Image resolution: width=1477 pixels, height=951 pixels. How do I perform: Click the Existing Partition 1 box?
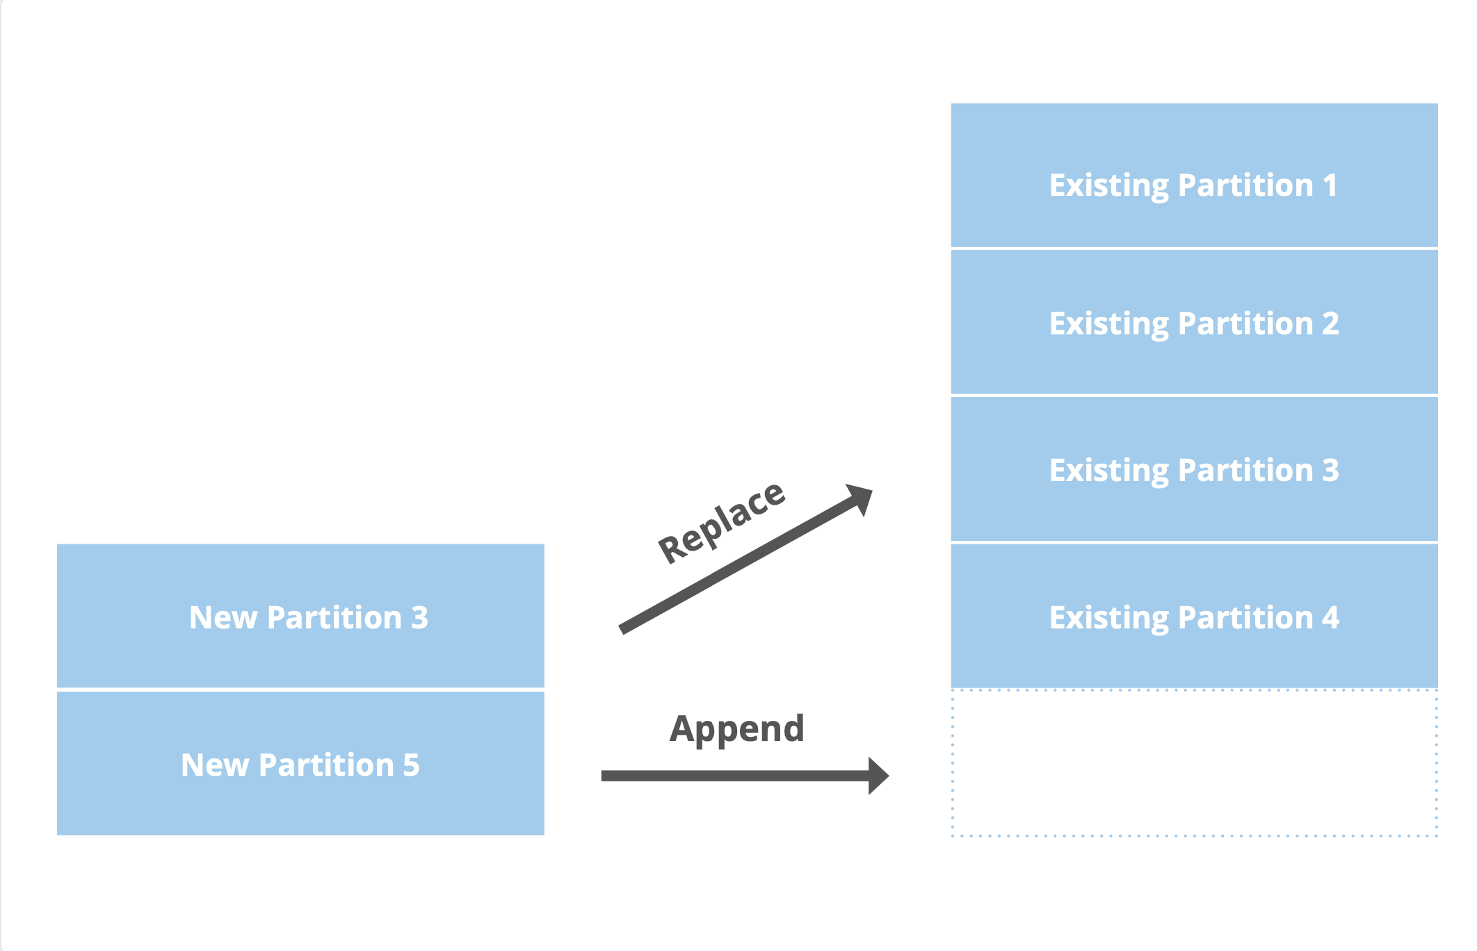pos(1193,175)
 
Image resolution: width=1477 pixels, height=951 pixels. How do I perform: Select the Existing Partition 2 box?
pos(1193,322)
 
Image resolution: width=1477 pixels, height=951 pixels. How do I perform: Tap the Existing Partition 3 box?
pos(1193,469)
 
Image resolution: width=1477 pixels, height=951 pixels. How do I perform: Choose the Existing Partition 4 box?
pos(1193,616)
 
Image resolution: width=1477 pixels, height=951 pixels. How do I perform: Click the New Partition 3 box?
pos(300,616)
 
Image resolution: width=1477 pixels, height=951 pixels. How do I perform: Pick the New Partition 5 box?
pos(300,763)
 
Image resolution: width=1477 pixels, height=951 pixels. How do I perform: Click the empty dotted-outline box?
pos(1193,763)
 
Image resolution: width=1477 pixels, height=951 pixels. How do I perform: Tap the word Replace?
pos(722,521)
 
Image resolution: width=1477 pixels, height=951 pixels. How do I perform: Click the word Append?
pos(737,729)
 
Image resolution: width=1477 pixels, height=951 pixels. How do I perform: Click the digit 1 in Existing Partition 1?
pos(1330,186)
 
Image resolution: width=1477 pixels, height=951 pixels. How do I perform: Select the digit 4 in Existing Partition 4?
pos(1330,617)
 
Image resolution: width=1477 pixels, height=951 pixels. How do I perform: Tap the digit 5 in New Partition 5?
pos(411,765)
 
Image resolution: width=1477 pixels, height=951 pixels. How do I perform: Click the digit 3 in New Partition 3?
pos(419,617)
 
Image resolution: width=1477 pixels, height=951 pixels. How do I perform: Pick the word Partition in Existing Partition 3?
pos(1245,471)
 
